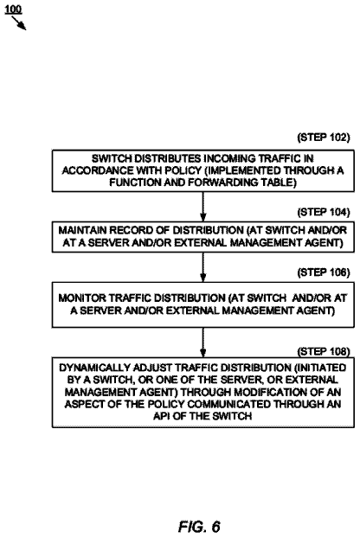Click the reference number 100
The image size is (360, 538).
13,10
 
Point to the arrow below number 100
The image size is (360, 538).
19,23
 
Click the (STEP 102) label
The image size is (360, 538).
324,138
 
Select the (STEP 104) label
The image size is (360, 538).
324,213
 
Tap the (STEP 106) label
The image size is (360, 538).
324,272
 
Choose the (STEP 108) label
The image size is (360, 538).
324,352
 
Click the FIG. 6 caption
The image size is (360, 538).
199,527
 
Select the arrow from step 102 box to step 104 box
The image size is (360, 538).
202,207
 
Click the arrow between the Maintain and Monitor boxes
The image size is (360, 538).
202,267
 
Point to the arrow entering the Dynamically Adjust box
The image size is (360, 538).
202,343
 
